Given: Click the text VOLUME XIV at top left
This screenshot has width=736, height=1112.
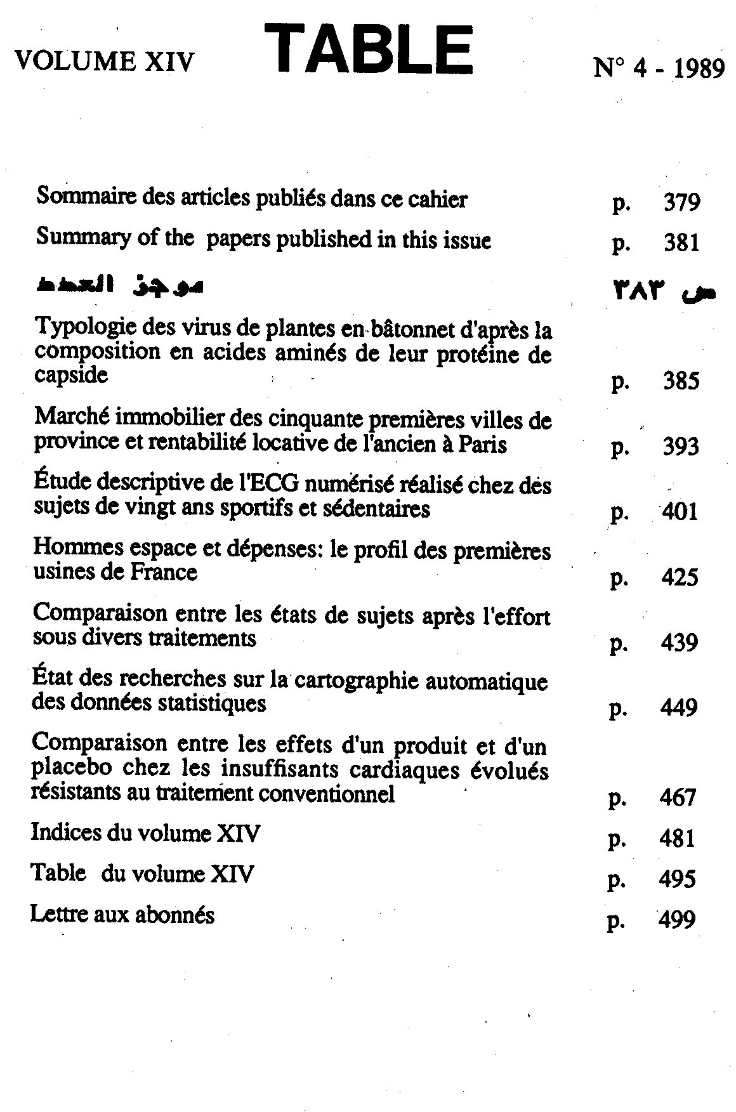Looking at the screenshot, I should (104, 62).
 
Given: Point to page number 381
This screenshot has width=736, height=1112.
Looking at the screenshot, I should (681, 243).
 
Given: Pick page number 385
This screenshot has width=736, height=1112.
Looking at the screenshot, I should (681, 381).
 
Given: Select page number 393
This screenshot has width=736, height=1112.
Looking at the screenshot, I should (681, 447).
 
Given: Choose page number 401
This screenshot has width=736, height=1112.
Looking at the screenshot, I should (680, 511).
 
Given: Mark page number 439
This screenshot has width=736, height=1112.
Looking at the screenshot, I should (680, 643).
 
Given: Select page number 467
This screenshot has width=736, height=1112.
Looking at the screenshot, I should (678, 797).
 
